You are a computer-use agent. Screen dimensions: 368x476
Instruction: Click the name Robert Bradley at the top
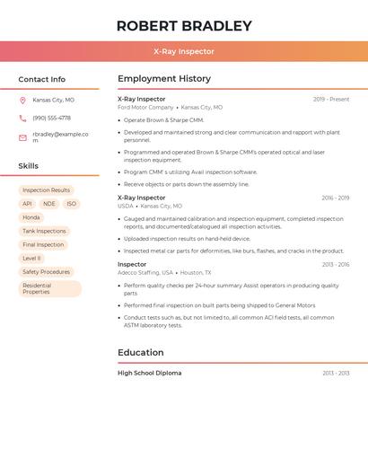click(x=184, y=25)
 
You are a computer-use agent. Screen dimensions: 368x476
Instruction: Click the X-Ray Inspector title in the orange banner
click(x=184, y=51)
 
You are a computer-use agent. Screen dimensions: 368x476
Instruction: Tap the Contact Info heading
click(x=42, y=79)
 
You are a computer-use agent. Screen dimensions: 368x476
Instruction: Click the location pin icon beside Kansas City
click(x=22, y=100)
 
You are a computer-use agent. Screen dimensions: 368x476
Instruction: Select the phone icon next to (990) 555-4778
click(x=22, y=118)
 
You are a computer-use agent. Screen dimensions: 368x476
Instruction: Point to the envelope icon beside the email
click(x=22, y=137)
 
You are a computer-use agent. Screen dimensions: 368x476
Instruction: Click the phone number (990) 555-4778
click(x=51, y=118)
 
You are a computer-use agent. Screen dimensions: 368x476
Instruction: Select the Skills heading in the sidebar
click(x=29, y=166)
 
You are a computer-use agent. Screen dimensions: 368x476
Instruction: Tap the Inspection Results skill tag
click(x=46, y=190)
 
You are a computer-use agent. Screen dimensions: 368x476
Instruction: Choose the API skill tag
click(x=27, y=204)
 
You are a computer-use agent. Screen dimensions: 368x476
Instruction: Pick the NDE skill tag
click(x=49, y=204)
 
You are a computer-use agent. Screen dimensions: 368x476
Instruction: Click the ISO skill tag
click(x=72, y=204)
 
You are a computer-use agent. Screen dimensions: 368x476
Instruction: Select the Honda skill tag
click(x=31, y=217)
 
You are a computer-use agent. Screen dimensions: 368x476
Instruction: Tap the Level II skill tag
click(x=31, y=258)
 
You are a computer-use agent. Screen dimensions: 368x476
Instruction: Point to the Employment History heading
click(x=164, y=79)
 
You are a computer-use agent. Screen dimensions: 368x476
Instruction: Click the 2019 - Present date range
click(x=331, y=99)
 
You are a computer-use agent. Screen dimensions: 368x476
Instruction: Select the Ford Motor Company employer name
click(x=145, y=107)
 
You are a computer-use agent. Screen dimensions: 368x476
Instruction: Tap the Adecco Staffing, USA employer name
click(x=145, y=272)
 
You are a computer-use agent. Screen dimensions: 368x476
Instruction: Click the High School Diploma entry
click(x=149, y=373)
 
